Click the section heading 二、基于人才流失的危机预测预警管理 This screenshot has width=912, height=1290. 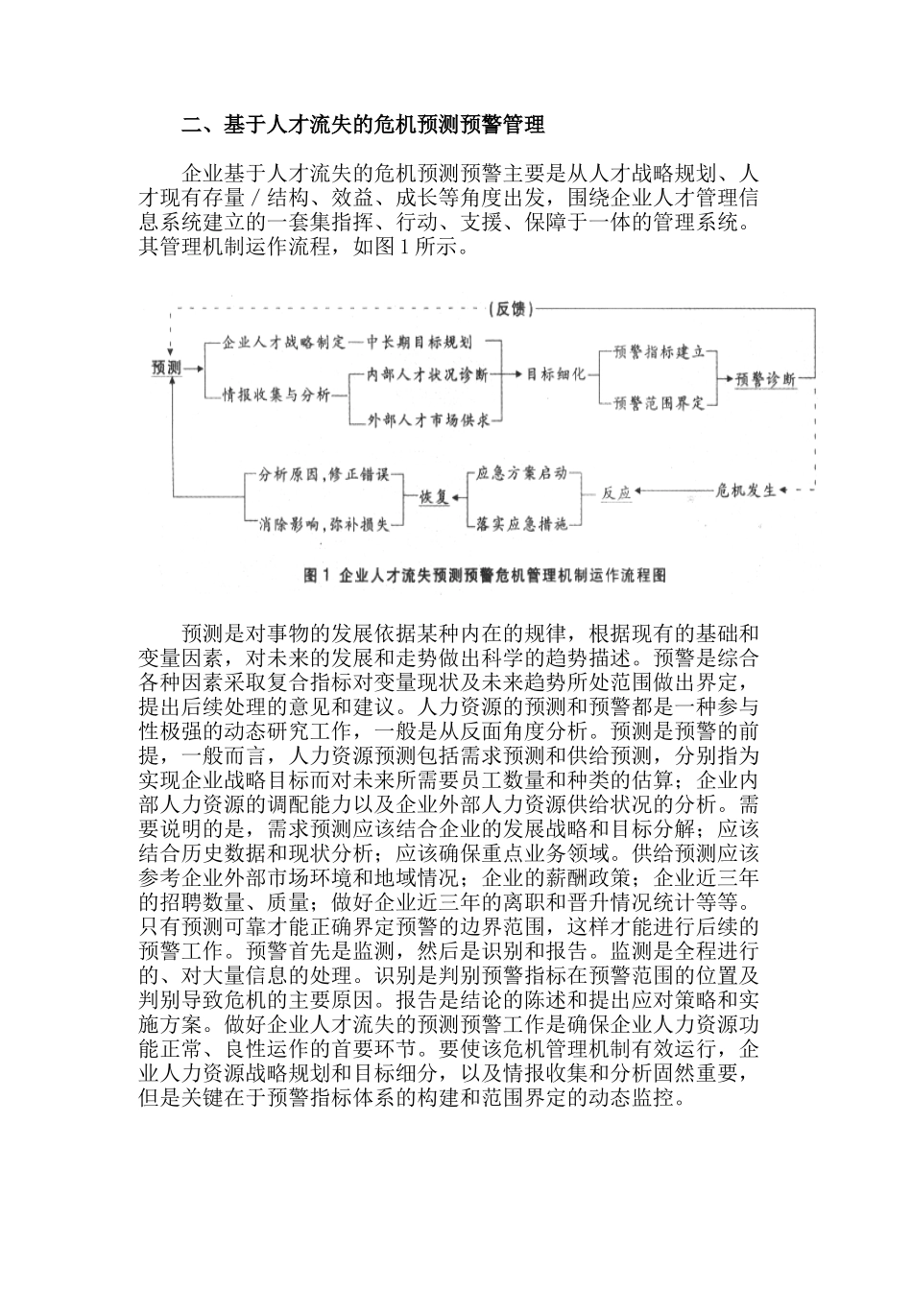364,125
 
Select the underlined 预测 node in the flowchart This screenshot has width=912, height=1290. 167,367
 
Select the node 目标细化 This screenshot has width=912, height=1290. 556,374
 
